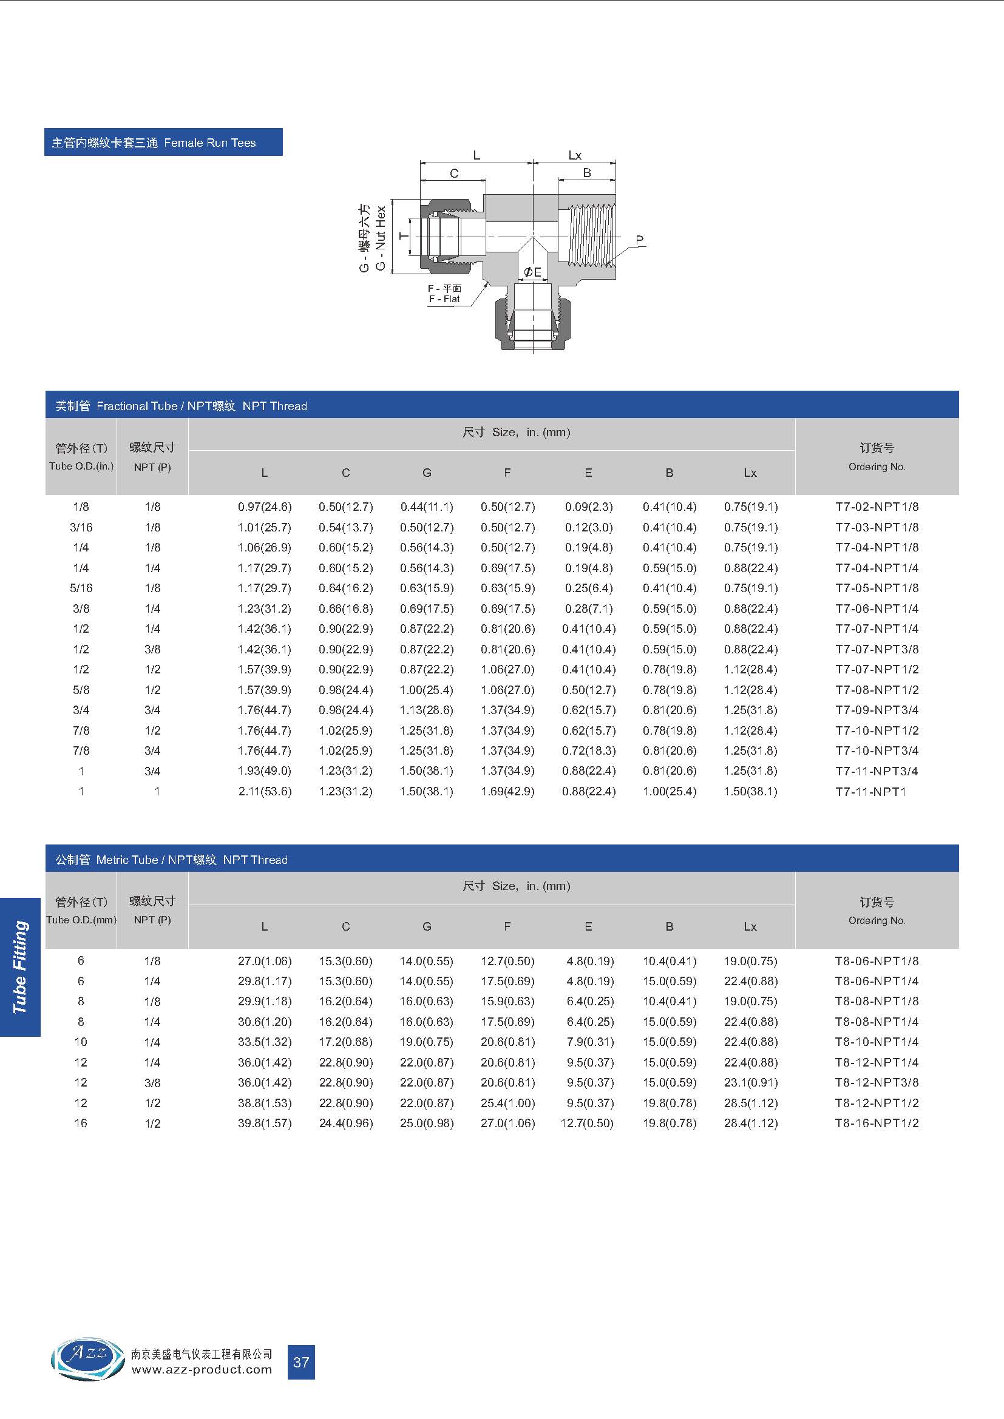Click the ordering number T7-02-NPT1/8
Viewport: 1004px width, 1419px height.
coord(876,507)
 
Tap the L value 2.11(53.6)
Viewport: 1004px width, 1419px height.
coord(265,792)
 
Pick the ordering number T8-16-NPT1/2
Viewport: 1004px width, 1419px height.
coord(876,1123)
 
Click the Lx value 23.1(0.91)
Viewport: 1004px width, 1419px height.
coord(750,1082)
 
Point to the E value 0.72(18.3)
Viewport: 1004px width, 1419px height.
coord(589,751)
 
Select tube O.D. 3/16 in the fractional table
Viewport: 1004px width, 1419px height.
coord(81,527)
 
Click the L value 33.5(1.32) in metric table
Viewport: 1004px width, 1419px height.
coord(265,1042)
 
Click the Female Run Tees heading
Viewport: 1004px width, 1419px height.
coord(163,143)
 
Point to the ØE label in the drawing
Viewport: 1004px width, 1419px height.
coord(532,272)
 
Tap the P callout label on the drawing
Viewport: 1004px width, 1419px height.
coord(640,240)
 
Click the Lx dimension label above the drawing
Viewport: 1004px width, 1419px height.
coord(575,155)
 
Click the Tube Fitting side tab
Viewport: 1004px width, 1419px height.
coord(21,967)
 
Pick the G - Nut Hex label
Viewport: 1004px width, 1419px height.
coord(380,238)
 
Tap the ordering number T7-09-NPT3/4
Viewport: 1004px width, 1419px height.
coord(876,710)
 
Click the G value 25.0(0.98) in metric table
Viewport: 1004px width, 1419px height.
coord(427,1123)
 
